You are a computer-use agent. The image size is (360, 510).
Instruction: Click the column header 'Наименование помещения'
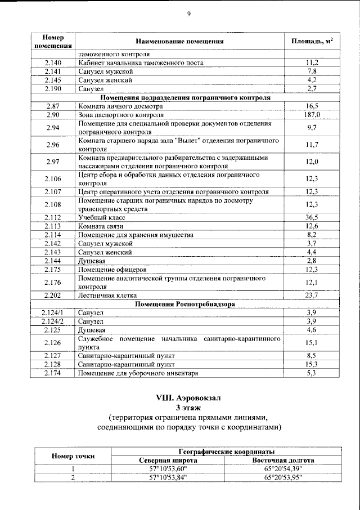(179, 42)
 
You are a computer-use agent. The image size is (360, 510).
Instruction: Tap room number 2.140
(53, 63)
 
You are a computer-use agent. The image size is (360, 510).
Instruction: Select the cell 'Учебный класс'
(102, 217)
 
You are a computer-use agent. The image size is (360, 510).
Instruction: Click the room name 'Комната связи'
(102, 226)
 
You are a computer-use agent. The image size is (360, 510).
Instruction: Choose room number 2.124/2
(53, 321)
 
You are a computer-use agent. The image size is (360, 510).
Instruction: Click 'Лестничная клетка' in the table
(107, 295)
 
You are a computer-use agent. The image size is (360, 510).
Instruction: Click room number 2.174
(53, 373)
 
